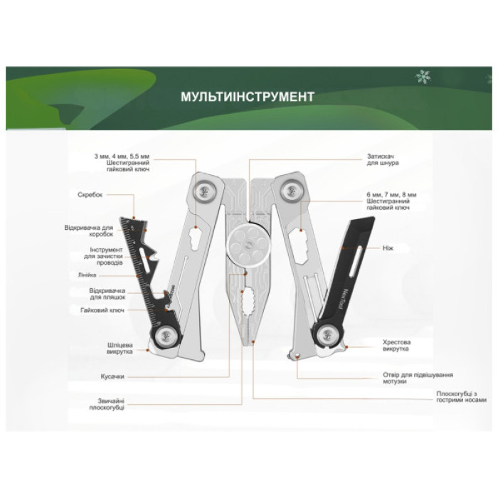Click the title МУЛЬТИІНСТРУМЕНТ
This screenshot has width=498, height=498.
[248, 97]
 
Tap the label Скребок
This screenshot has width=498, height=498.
[90, 195]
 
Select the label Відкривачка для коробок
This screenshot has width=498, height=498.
[89, 231]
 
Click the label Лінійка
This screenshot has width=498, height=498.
[87, 275]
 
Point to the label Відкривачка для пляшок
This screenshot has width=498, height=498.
[107, 294]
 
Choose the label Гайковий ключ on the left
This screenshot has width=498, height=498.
[102, 310]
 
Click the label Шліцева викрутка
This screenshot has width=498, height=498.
[120, 348]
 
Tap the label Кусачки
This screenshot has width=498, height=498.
[112, 376]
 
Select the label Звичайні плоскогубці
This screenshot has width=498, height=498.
[107, 404]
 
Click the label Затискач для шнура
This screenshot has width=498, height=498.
[383, 159]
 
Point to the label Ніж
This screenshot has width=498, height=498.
[388, 248]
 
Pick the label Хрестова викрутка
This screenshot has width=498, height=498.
[396, 345]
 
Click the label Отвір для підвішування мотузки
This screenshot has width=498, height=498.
[418, 378]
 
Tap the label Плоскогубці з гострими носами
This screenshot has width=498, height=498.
[461, 397]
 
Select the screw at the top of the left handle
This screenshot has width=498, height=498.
[205, 191]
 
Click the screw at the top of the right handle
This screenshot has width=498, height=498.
[291, 191]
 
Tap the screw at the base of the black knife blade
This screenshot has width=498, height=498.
[328, 335]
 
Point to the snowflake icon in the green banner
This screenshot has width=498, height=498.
[423, 77]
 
